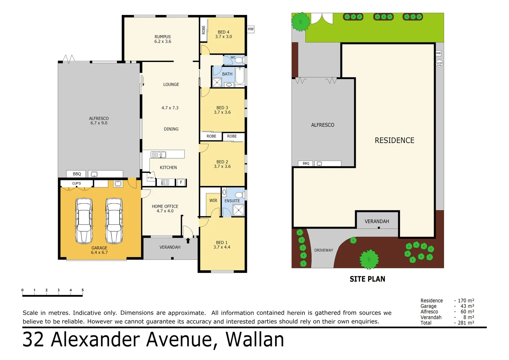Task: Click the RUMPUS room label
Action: tap(163, 37)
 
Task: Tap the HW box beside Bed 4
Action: tap(251, 29)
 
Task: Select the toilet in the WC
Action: tap(239, 60)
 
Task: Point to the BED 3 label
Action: tap(222, 108)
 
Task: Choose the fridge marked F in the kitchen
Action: tap(181, 182)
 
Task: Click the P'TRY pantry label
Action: tap(151, 178)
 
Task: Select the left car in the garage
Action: tap(84, 221)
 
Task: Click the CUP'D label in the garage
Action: tap(77, 184)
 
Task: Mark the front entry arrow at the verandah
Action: tap(188, 240)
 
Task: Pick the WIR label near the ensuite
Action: tap(213, 201)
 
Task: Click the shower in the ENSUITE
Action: tap(239, 210)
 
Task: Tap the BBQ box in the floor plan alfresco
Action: tap(77, 174)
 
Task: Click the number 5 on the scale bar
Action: tap(83, 290)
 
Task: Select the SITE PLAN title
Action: tap(367, 279)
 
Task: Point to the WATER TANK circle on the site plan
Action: tap(439, 64)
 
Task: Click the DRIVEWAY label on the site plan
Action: tap(323, 250)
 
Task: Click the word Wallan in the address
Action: tap(255, 340)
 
